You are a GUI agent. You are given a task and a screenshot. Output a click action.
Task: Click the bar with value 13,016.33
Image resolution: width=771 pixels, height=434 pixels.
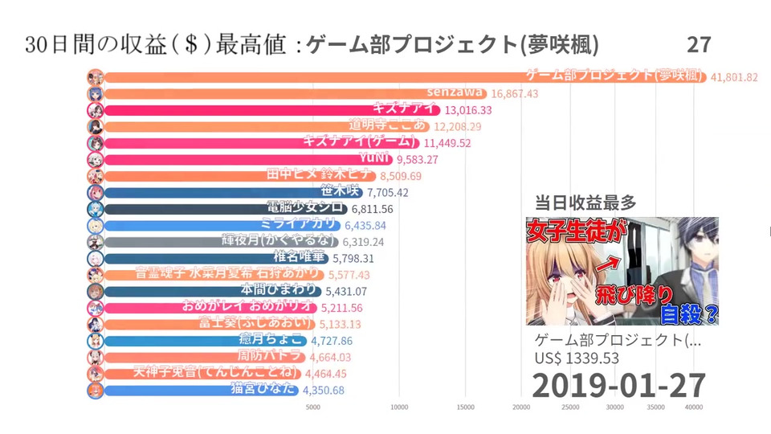(265, 109)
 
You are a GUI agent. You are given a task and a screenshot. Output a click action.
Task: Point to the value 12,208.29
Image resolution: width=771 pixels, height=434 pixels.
(458, 126)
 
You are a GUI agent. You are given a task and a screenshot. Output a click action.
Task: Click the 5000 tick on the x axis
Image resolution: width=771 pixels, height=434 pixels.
(313, 407)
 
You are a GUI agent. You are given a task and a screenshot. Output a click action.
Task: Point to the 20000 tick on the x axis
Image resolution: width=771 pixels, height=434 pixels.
(520, 407)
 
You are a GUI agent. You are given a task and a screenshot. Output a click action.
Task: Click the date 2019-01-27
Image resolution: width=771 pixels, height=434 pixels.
(618, 384)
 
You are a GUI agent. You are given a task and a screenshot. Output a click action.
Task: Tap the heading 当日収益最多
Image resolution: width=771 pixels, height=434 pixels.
(574, 203)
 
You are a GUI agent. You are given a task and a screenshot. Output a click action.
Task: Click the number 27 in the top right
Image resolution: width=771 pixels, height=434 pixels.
(699, 44)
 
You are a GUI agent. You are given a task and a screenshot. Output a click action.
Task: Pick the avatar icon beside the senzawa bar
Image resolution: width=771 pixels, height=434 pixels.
(95, 93)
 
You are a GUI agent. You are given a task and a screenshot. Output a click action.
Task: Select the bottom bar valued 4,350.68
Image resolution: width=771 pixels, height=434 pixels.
(201, 390)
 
